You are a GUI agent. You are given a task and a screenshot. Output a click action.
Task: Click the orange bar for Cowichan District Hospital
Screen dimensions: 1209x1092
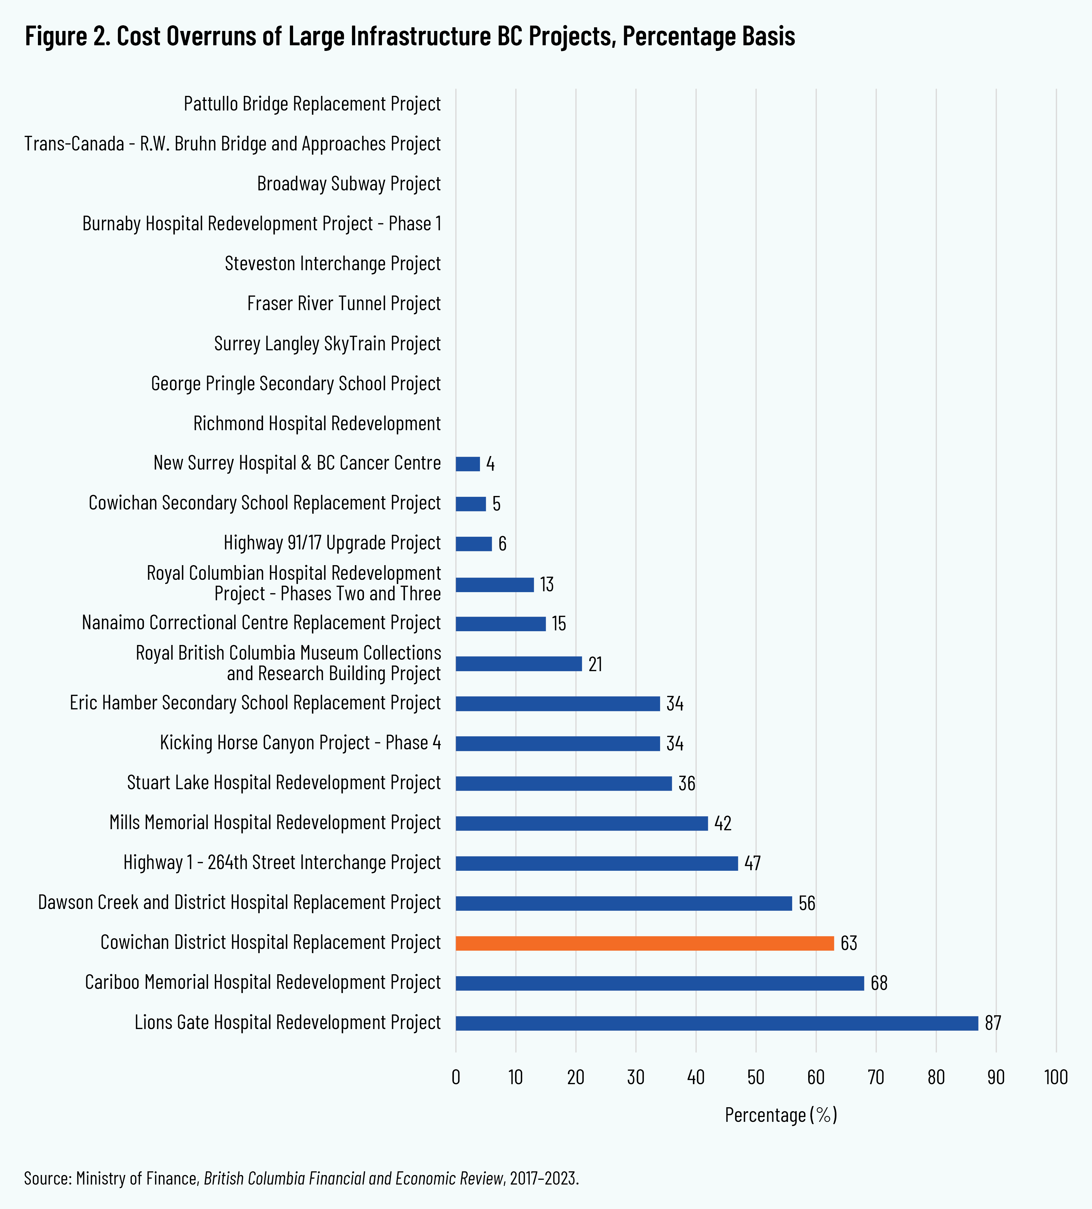point(644,943)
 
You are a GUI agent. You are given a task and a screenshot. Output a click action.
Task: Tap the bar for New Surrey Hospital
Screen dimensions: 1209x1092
point(468,464)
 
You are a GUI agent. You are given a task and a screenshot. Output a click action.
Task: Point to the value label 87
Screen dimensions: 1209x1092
point(993,1023)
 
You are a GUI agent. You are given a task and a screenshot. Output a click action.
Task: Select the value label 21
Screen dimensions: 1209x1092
point(595,664)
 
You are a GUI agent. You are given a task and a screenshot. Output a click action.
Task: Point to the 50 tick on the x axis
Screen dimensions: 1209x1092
point(756,1078)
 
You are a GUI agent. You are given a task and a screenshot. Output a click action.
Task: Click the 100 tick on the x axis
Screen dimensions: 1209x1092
point(1056,1078)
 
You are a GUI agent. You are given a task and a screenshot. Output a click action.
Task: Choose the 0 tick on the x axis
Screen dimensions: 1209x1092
point(456,1078)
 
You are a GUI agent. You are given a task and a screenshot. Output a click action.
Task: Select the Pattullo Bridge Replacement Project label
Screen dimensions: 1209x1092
point(312,104)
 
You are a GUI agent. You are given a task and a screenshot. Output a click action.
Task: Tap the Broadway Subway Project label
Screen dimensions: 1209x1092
point(349,184)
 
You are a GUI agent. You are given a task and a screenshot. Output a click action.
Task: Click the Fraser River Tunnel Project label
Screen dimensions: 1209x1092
point(344,303)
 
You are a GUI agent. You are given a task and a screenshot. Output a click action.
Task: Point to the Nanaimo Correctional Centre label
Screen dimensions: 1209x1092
point(261,623)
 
